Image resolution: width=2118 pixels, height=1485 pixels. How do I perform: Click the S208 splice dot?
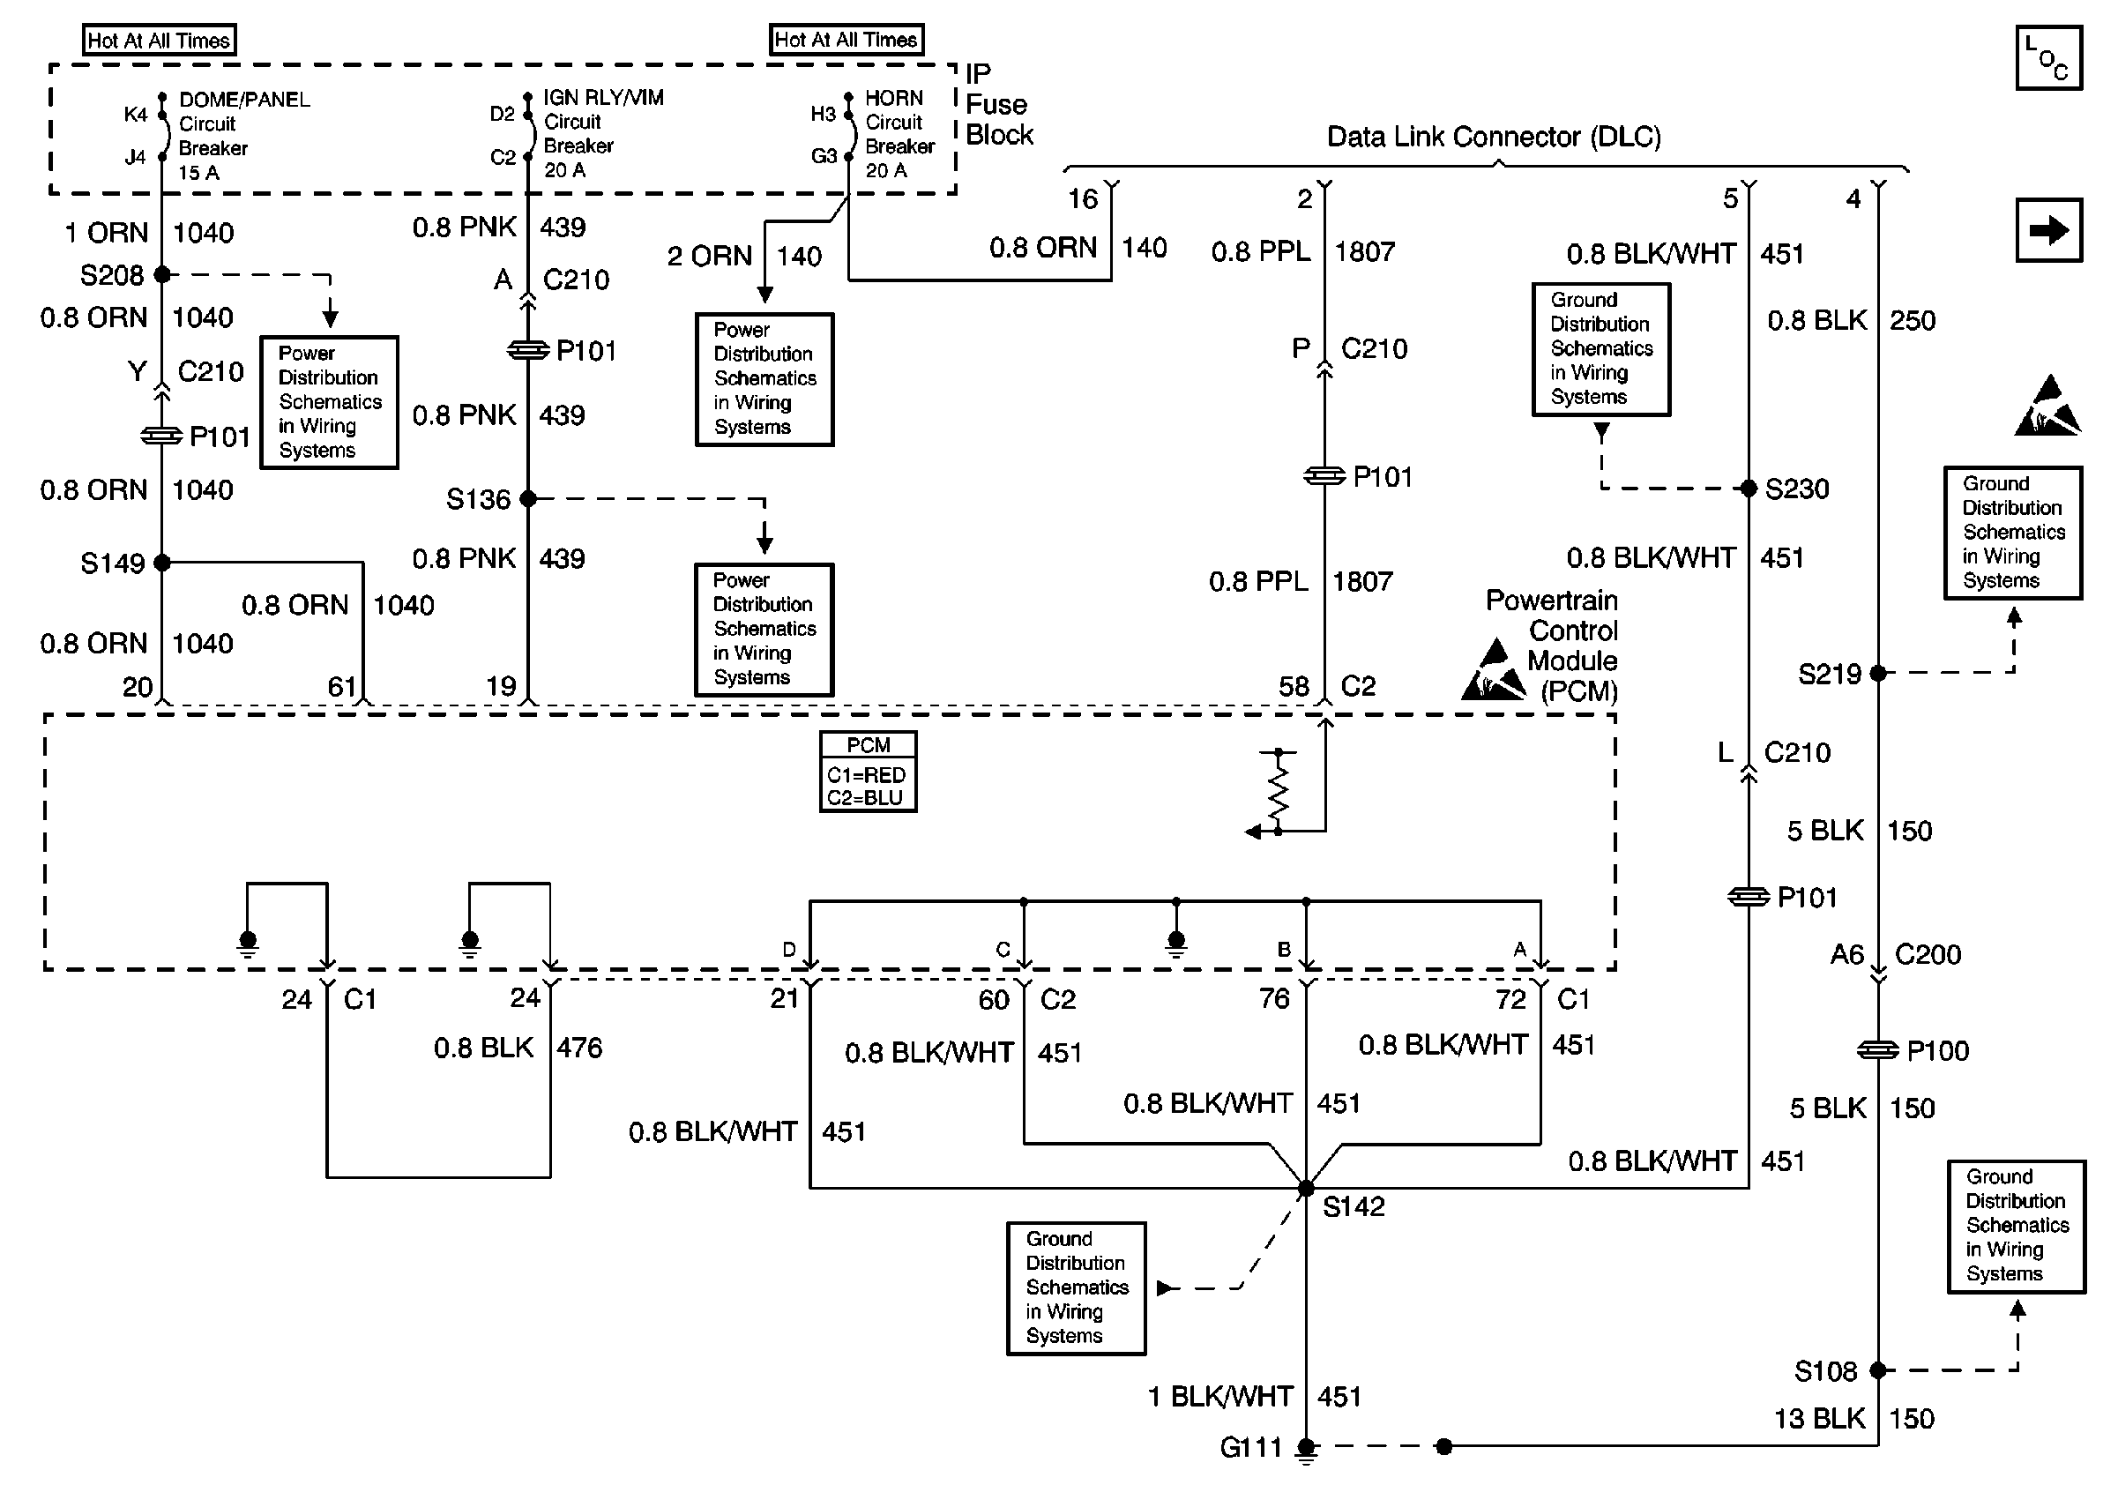click(x=162, y=274)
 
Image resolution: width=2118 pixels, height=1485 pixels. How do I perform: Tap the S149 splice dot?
click(x=162, y=562)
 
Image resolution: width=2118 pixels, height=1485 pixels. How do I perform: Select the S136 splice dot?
click(x=527, y=499)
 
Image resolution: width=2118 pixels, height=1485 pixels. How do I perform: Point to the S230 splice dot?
click(x=1748, y=489)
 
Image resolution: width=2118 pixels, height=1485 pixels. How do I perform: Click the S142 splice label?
click(x=1354, y=1206)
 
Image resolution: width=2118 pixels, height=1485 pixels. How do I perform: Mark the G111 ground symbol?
click(x=1305, y=1449)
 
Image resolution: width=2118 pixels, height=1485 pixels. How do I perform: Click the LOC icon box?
click(x=2047, y=58)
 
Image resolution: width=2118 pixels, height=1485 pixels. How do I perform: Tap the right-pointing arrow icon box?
click(x=2047, y=229)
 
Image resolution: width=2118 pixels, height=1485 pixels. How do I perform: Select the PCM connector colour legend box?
click(x=868, y=772)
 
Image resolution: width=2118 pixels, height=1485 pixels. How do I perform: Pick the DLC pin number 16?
click(x=1082, y=199)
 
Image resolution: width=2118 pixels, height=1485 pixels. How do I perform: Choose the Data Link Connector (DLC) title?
click(x=1494, y=137)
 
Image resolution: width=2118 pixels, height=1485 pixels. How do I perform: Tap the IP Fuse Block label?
click(x=998, y=104)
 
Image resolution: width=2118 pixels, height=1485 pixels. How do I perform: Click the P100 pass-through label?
click(x=1937, y=1050)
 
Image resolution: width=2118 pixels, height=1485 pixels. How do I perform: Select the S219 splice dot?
click(x=1877, y=674)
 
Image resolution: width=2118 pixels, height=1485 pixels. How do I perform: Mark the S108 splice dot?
click(x=1877, y=1370)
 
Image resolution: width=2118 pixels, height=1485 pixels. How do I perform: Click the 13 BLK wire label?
click(x=1819, y=1419)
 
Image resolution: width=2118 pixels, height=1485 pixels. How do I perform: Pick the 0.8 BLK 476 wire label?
click(x=517, y=1048)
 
